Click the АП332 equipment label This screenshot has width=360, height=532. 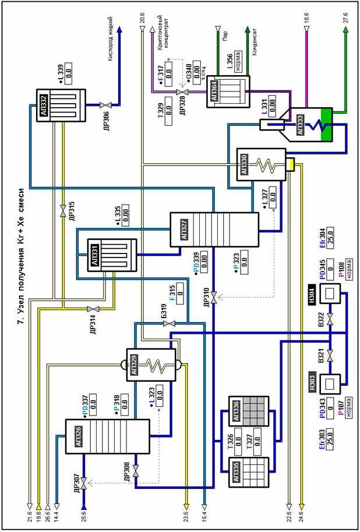(44, 106)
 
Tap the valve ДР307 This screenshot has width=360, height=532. (83, 483)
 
